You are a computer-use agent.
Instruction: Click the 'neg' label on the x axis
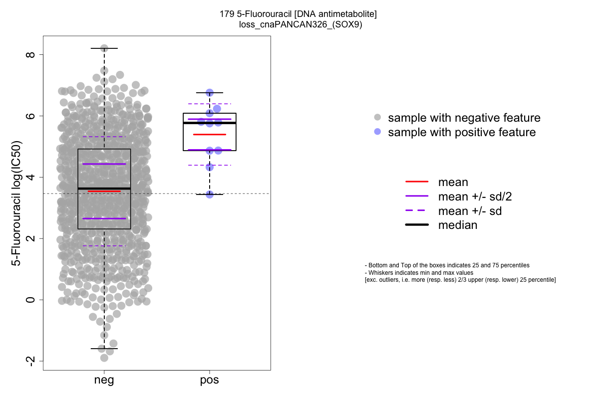(104, 381)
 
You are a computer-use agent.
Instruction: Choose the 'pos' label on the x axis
(210, 381)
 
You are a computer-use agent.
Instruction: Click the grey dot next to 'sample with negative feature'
(377, 118)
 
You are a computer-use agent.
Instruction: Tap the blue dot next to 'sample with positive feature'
(377, 132)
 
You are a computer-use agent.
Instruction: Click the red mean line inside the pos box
(210, 135)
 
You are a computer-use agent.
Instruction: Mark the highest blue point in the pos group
(210, 93)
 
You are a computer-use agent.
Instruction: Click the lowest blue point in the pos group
(210, 194)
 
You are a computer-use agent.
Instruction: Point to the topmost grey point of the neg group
(104, 48)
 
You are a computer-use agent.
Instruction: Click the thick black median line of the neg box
(104, 189)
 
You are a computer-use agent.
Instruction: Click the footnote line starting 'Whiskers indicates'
(419, 273)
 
